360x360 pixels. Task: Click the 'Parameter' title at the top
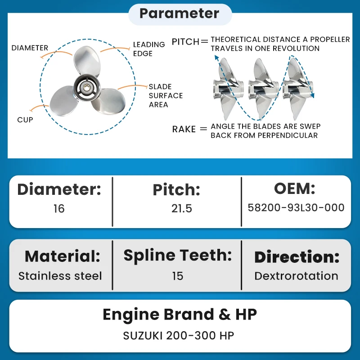(x=179, y=13)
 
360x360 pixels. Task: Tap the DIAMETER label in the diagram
(x=30, y=48)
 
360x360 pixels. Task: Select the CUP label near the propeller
(x=25, y=120)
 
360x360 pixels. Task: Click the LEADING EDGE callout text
(x=149, y=49)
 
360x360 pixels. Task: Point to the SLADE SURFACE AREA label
(x=166, y=95)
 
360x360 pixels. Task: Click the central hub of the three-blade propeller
(x=87, y=88)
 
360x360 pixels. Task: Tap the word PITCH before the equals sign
(x=185, y=42)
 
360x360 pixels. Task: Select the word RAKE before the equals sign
(x=184, y=129)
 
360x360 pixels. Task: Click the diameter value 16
(x=59, y=208)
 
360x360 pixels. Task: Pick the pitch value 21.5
(x=182, y=208)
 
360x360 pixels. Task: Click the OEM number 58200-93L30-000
(x=296, y=207)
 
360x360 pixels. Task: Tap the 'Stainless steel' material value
(x=60, y=276)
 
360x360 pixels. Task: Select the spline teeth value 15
(x=178, y=276)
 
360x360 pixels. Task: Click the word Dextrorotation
(x=296, y=276)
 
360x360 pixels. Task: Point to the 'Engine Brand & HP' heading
(x=180, y=315)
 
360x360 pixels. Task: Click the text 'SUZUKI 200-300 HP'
(x=179, y=336)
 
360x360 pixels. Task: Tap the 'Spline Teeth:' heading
(x=177, y=256)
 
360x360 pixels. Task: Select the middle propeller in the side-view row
(x=264, y=88)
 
